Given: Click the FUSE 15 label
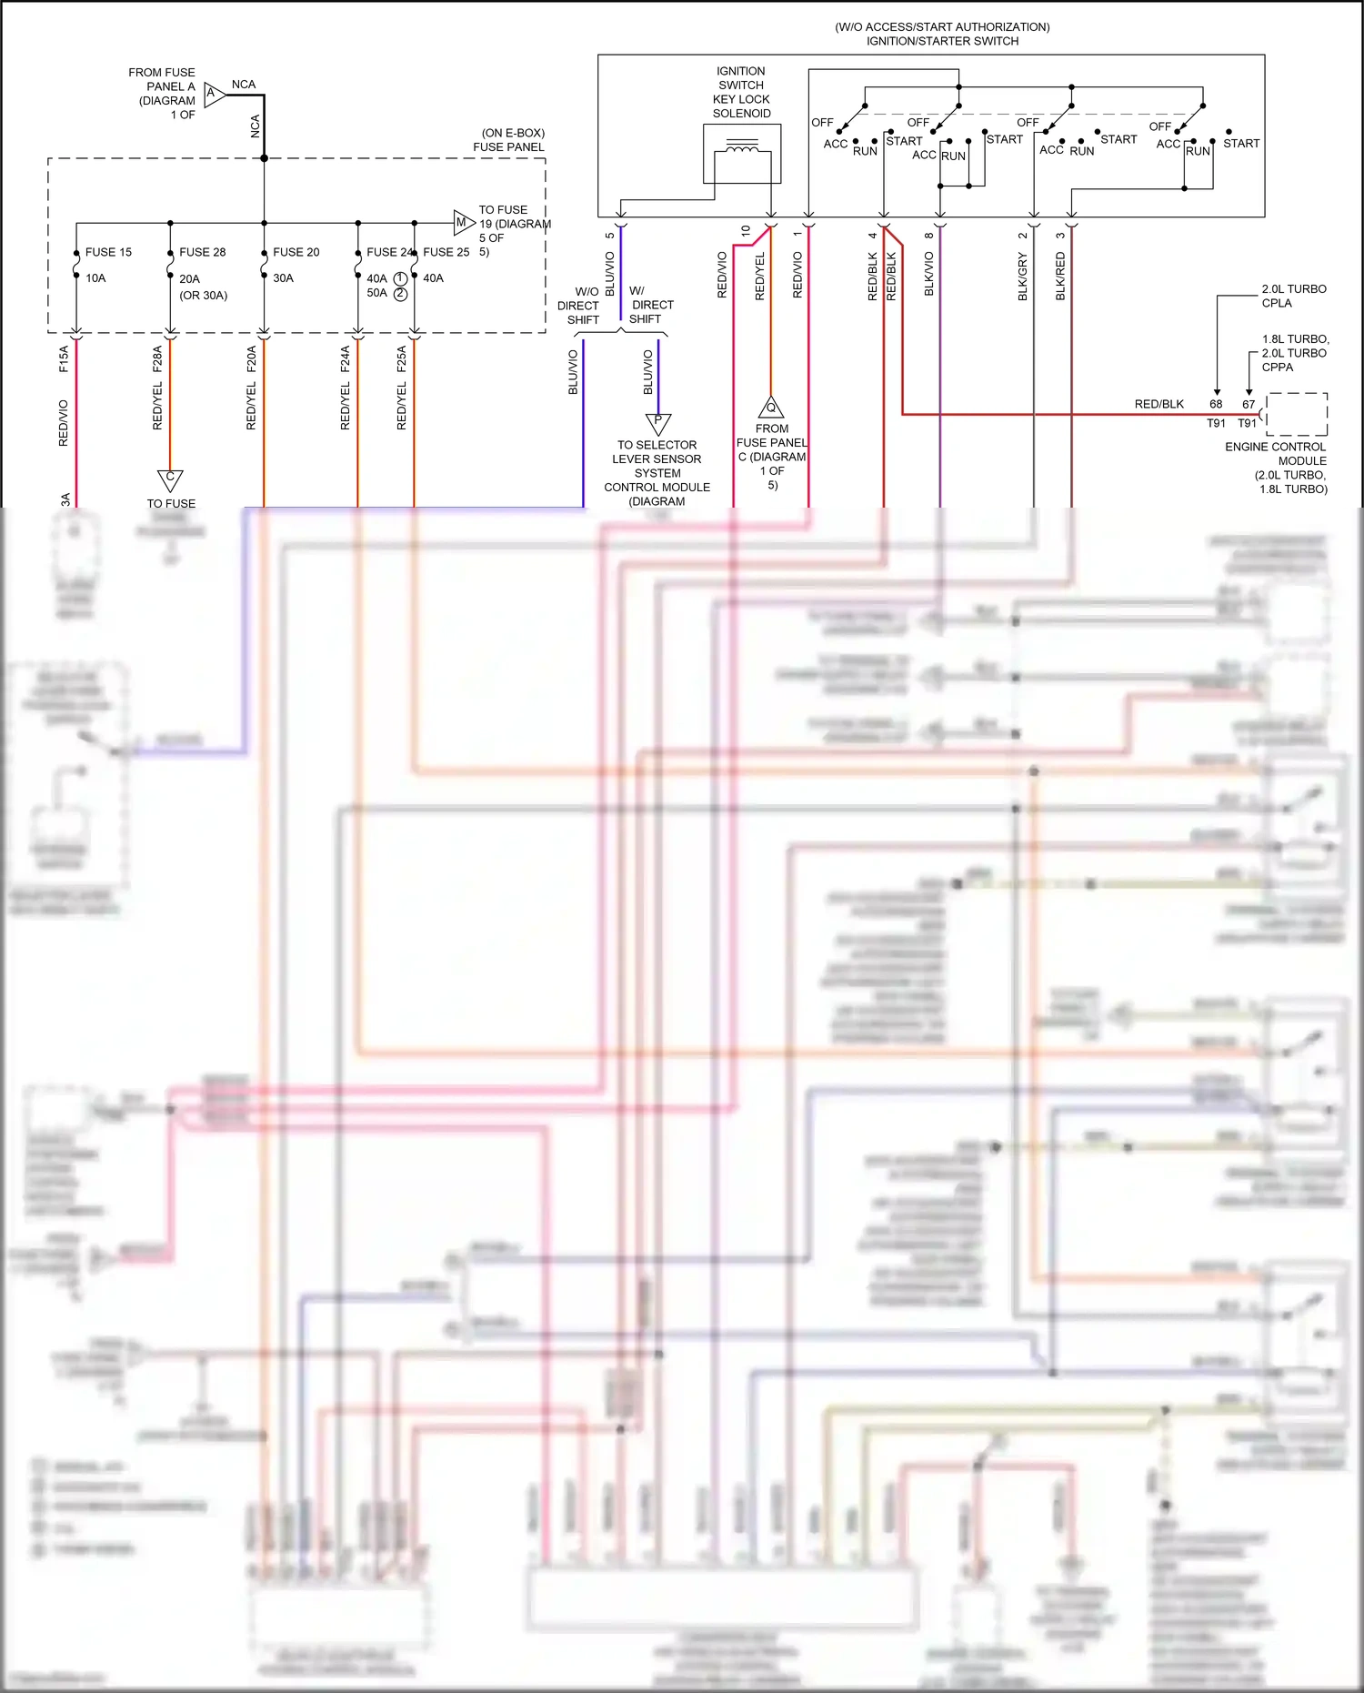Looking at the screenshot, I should click(x=108, y=252).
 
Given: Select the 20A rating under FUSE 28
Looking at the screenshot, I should click(x=189, y=278).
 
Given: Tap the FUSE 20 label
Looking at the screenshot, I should click(x=296, y=252).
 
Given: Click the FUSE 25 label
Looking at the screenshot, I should click(x=446, y=252).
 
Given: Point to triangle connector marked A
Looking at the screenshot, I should click(x=214, y=94).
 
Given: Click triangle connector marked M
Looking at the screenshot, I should click(x=463, y=222).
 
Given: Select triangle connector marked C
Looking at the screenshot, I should click(x=170, y=479).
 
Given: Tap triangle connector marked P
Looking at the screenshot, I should click(x=657, y=422).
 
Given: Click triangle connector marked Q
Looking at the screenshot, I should click(x=771, y=408).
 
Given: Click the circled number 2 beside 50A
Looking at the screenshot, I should click(x=400, y=294).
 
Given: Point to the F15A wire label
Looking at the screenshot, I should click(x=64, y=358).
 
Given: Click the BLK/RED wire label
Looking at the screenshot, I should click(x=1060, y=277).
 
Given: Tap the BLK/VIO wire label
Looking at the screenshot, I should click(x=929, y=274).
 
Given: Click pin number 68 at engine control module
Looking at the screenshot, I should click(x=1216, y=404).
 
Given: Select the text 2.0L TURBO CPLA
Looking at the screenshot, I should click(x=1293, y=296).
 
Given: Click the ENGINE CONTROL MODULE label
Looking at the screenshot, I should click(x=1275, y=454).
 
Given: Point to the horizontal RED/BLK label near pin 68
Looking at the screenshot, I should click(x=1158, y=404).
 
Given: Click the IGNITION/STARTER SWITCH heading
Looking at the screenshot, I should click(x=942, y=41).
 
